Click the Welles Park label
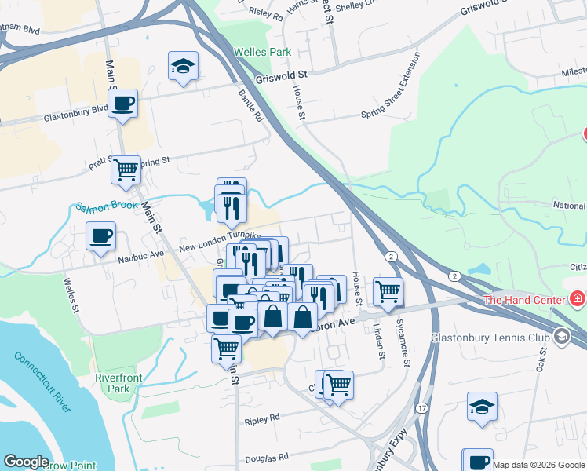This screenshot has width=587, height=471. (x=262, y=53)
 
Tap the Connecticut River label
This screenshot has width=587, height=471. (x=43, y=382)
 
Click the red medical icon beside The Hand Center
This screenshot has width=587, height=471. (x=578, y=299)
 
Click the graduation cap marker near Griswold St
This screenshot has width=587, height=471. (x=183, y=67)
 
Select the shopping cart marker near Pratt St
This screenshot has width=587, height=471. (x=126, y=169)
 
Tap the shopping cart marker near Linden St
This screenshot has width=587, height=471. (x=388, y=291)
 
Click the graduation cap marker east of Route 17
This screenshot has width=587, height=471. (x=482, y=407)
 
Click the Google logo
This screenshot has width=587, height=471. (x=27, y=462)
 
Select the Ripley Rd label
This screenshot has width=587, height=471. (x=262, y=418)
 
